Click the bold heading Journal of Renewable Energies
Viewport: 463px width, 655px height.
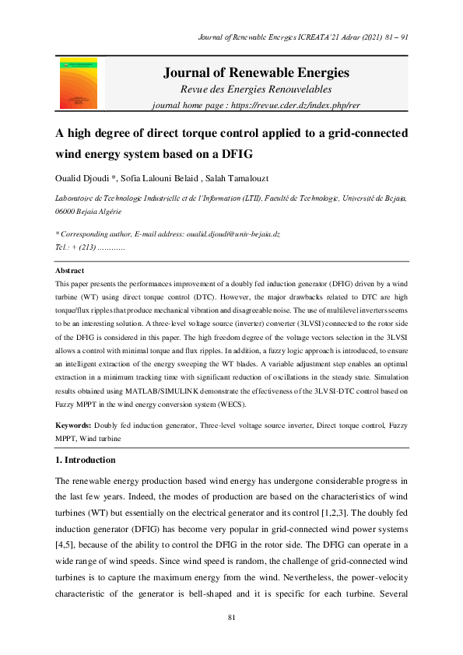(x=256, y=73)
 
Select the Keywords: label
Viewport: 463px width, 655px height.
(x=73, y=426)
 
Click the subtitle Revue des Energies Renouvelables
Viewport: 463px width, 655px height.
(x=256, y=90)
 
